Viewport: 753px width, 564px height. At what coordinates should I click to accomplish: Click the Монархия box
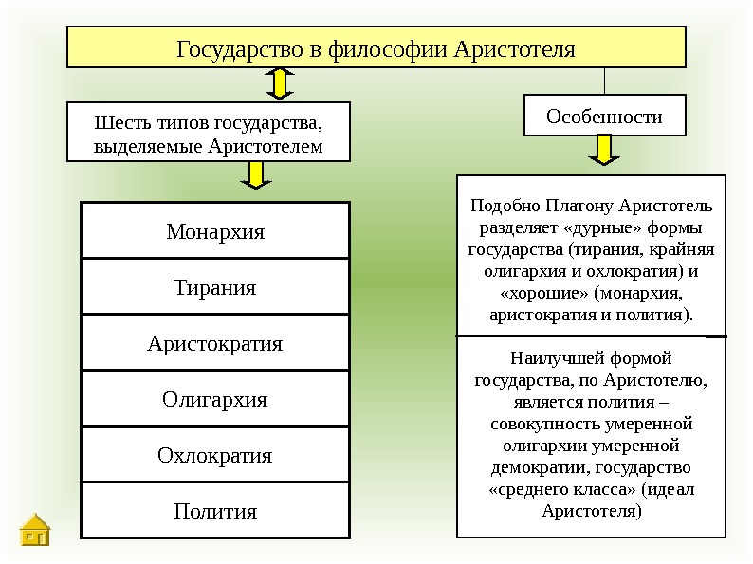(x=215, y=231)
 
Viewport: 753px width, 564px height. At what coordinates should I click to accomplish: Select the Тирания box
(x=215, y=287)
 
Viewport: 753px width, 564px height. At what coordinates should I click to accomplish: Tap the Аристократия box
(x=215, y=343)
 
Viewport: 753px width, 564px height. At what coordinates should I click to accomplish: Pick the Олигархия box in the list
(x=215, y=399)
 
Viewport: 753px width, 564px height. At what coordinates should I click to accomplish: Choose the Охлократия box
(x=215, y=455)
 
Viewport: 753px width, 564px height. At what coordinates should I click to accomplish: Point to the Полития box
(x=215, y=512)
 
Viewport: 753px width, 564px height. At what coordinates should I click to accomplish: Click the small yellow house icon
(x=36, y=531)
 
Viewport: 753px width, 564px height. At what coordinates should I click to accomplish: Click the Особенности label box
(x=604, y=117)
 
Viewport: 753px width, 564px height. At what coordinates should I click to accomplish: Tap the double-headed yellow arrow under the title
(x=279, y=83)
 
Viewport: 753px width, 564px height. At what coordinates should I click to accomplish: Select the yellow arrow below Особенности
(x=604, y=152)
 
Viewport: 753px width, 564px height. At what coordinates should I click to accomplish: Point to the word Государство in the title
(x=237, y=47)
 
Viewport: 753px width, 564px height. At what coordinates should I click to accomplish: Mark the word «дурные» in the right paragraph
(x=586, y=227)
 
